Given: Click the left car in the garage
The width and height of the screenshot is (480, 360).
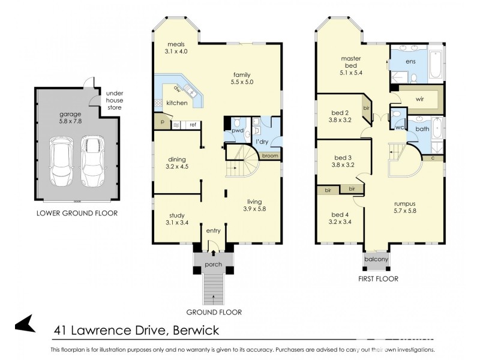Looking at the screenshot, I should click(61, 160).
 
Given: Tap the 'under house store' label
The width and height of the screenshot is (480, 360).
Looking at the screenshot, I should click(114, 100).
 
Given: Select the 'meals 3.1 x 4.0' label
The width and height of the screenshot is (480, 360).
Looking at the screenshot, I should click(176, 48).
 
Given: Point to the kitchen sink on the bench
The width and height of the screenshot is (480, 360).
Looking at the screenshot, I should click(191, 92).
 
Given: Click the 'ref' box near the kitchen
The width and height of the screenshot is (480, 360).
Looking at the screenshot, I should click(193, 125).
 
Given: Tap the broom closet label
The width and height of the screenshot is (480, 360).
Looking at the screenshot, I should click(269, 155).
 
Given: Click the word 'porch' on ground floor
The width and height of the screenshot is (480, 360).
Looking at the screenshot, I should click(213, 265).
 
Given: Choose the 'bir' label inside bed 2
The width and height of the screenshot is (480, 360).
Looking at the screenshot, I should click(366, 108).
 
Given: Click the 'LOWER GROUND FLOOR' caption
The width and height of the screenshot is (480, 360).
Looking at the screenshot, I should click(77, 213).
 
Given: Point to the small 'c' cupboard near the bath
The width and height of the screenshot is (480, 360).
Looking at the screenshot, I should click(433, 158).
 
